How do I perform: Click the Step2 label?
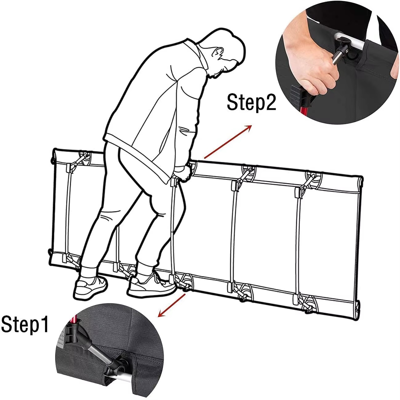[252, 102]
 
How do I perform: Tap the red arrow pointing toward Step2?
[228, 142]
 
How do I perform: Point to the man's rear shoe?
[91, 287]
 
